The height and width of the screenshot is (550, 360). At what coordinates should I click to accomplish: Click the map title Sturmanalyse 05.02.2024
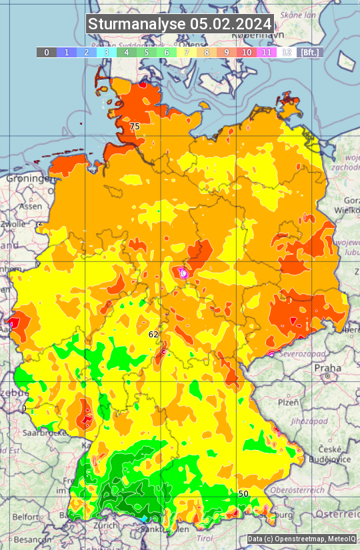pos(180,24)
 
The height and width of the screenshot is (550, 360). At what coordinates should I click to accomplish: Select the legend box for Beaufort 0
pos(46,52)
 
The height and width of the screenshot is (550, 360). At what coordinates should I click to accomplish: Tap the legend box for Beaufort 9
pos(227,52)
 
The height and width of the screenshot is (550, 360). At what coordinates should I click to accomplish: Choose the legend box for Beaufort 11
pos(267,52)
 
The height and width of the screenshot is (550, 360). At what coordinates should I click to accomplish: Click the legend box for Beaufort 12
pos(287,52)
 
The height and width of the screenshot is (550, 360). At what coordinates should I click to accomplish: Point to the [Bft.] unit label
pos(309,52)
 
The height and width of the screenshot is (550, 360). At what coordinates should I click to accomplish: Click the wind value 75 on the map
pos(135,126)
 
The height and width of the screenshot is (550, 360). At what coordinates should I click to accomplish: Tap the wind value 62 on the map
pos(153,334)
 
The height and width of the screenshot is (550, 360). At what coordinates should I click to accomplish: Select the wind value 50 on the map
pos(243,493)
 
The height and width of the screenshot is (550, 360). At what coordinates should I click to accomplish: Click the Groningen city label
pos(29,179)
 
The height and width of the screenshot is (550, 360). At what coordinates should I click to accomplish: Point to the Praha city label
pos(327,367)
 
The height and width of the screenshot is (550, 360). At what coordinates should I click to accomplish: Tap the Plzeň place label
pos(288,403)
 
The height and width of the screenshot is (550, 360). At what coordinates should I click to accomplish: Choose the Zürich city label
pos(106,525)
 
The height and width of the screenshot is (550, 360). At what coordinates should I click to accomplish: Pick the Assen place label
pos(31,207)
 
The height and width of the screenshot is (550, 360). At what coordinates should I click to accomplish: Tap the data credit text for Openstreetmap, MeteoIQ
pos(301,539)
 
